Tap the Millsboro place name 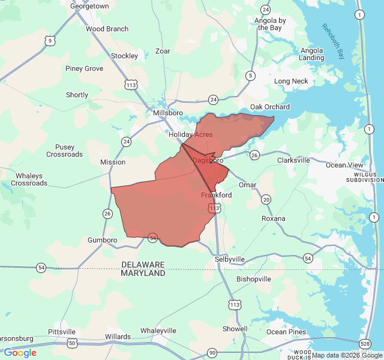click(167, 113)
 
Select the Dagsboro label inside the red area click(208, 161)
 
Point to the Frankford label click(217, 196)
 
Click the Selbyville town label click(230, 259)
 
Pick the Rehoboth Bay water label click(334, 41)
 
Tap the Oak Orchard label click(270, 107)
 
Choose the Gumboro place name click(102, 240)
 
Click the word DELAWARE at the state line click(143, 265)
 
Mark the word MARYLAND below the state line click(143, 273)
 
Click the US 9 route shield click(49, 41)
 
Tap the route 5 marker click(250, 76)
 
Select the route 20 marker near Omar click(266, 199)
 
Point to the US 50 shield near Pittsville click(72, 343)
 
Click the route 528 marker click(365, 343)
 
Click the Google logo click(20, 353)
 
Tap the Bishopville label click(254, 280)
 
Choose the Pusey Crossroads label click(65, 151)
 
